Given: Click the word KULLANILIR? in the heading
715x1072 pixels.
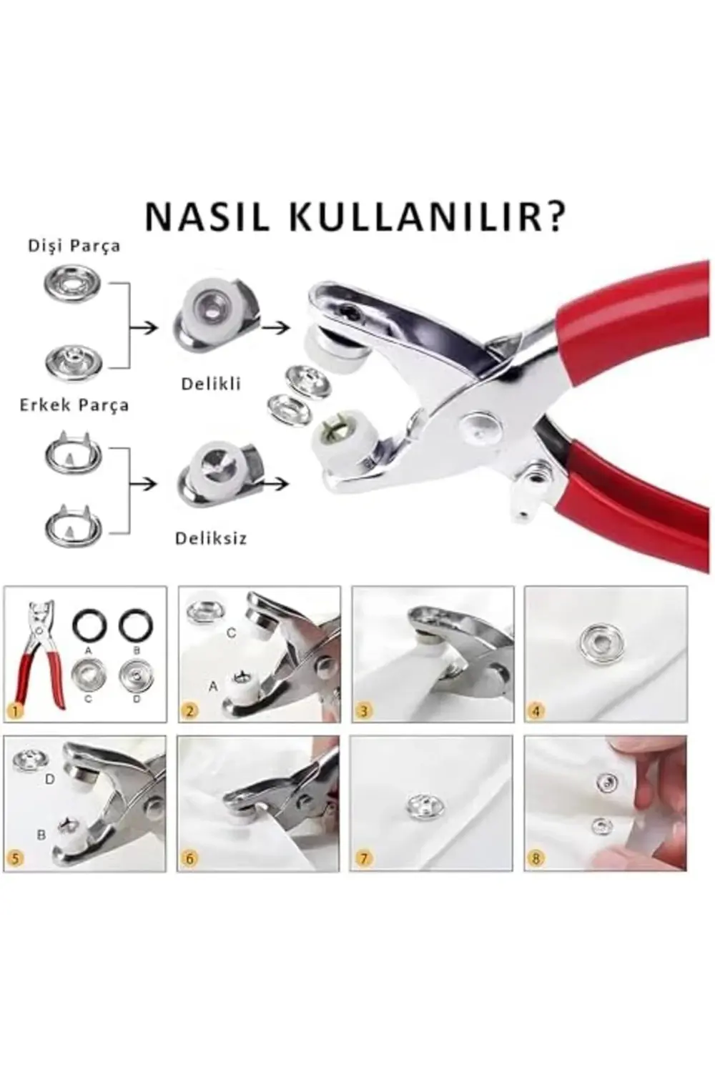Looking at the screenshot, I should tap(427, 217).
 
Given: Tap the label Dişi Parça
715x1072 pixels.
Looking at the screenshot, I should tap(74, 246).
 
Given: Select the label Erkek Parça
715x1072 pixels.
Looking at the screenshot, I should tap(74, 405).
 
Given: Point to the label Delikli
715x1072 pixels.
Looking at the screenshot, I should tap(211, 384).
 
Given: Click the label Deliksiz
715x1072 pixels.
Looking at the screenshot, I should tap(211, 538).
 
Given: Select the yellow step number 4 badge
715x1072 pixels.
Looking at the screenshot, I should tap(536, 710).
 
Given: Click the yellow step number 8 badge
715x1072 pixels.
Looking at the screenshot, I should tap(536, 858).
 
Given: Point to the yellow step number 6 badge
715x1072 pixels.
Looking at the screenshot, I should tap(189, 858).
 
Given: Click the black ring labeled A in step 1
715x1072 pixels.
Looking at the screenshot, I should tap(88, 627).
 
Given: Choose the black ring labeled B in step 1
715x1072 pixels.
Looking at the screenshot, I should tap(136, 627).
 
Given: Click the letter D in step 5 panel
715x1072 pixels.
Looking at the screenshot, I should tap(49, 779).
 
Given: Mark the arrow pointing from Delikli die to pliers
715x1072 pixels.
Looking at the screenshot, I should tap(276, 327).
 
